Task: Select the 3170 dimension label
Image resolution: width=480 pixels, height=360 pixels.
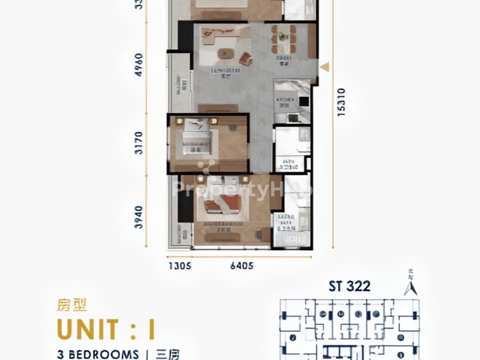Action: [139, 143]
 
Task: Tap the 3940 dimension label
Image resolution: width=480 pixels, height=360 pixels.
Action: [139, 217]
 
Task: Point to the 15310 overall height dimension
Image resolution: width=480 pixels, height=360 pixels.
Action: [341, 102]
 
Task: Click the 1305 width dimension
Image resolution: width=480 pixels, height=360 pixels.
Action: [179, 266]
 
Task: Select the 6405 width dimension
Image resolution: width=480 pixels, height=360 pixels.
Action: [241, 266]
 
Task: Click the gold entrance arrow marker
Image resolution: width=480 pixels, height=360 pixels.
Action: [324, 66]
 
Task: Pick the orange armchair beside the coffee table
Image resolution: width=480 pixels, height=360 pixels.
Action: [245, 58]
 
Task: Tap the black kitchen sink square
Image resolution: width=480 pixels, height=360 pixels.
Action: [303, 101]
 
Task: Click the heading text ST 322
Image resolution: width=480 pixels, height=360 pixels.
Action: [349, 286]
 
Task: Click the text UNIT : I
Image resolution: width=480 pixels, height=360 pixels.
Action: [106, 329]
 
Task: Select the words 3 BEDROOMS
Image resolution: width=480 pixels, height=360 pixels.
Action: [97, 354]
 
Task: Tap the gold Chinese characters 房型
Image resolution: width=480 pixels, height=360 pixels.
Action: [71, 304]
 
